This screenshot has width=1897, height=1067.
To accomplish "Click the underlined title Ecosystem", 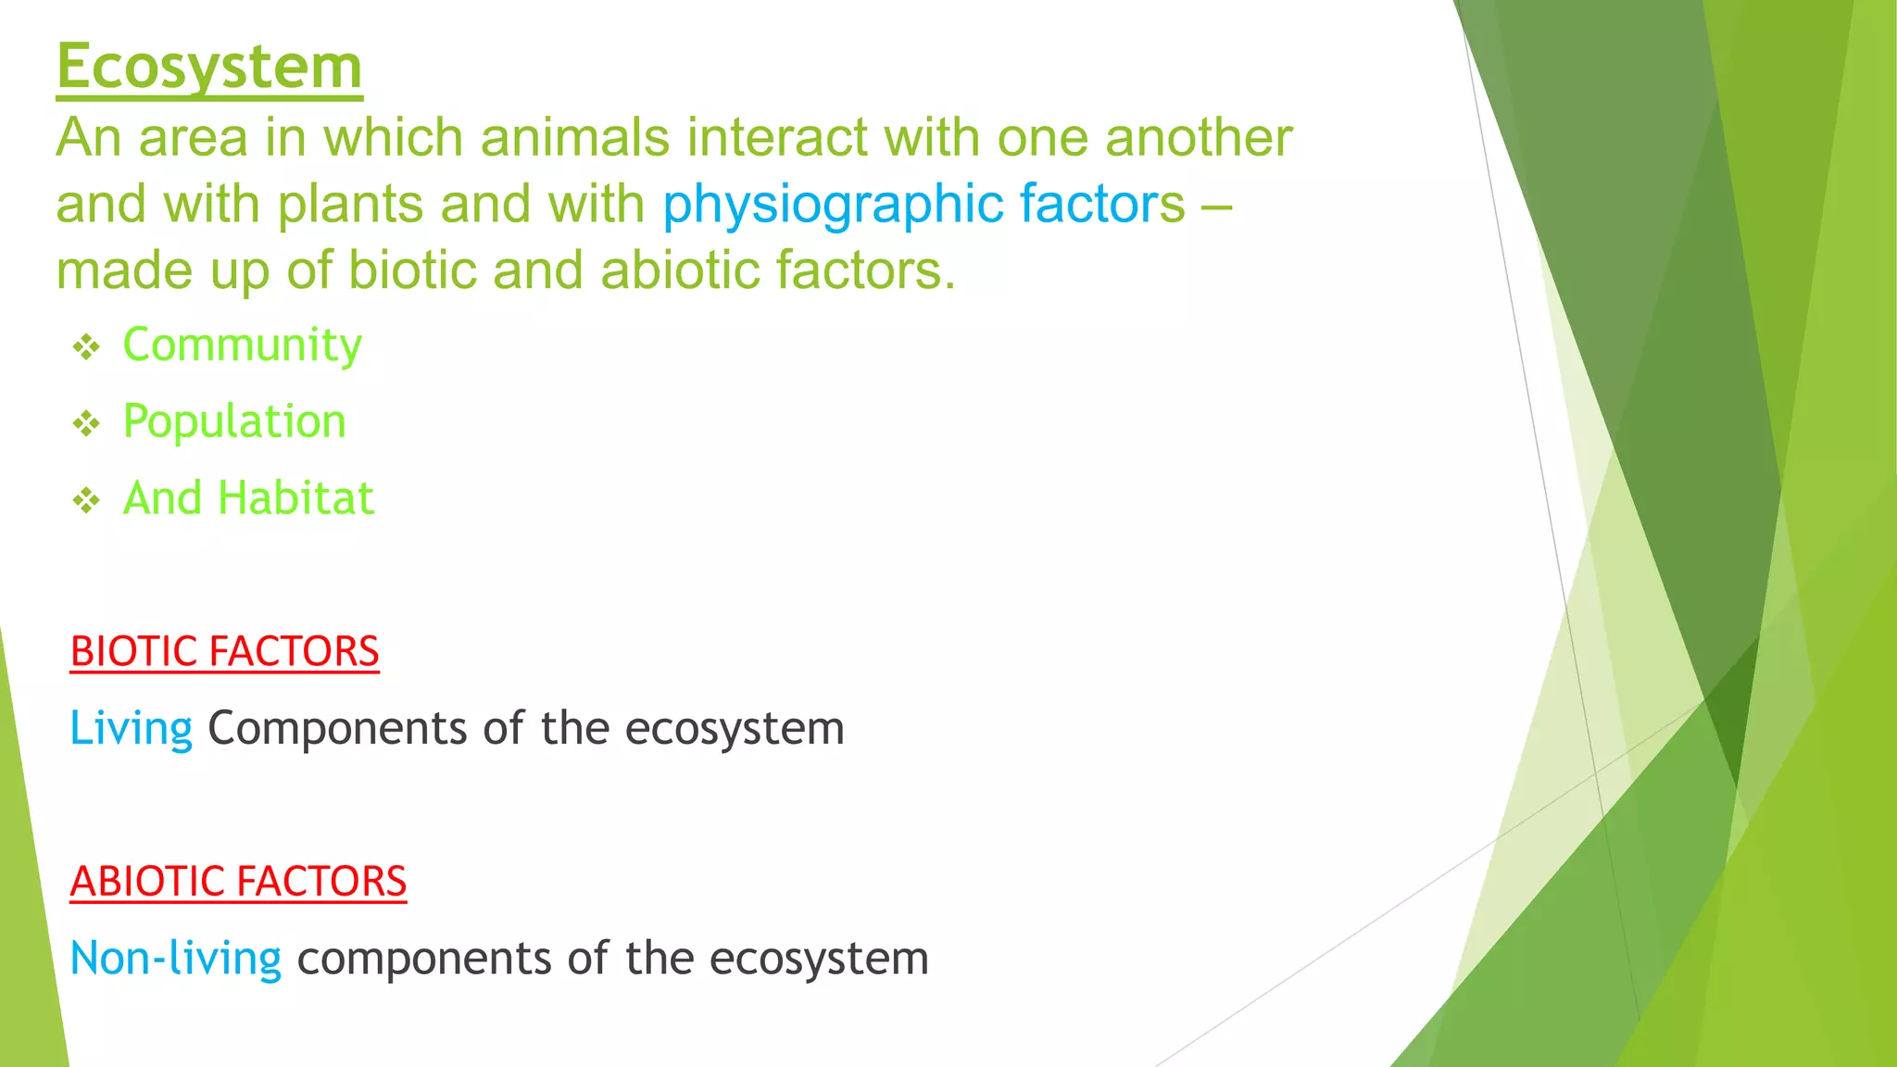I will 209,67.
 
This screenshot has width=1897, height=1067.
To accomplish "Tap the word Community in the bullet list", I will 242,345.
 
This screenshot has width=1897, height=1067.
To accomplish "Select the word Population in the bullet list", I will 234,422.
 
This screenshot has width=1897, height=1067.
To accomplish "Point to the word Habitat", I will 295,498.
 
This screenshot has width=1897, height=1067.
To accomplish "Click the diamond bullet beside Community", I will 86,348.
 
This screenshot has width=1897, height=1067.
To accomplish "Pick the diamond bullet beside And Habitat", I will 86,501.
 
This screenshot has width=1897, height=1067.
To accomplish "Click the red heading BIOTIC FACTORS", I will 224,651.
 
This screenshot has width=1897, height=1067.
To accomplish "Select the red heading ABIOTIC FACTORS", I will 238,881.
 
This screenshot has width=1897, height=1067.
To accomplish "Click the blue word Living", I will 131,729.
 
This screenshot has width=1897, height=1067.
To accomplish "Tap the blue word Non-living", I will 175,959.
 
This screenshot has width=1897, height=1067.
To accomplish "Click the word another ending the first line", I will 1199,138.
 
